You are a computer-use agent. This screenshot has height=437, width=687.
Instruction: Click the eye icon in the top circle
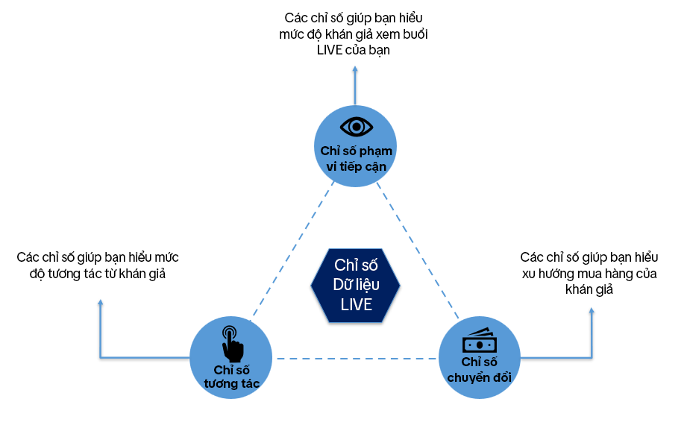click(355, 125)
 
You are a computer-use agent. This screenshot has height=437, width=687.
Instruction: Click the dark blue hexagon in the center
click(355, 285)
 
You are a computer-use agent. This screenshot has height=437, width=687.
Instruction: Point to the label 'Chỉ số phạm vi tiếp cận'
click(355, 159)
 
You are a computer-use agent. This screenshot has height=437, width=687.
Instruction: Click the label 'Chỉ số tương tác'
click(231, 377)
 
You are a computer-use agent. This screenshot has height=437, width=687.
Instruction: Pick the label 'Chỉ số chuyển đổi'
click(478, 370)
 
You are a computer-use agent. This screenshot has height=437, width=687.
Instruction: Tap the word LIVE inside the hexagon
click(356, 304)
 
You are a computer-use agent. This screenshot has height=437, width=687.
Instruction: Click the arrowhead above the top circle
click(355, 66)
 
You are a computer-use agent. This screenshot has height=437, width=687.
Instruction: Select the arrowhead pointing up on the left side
click(101, 302)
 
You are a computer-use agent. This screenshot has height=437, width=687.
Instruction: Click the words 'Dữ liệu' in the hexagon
click(355, 285)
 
